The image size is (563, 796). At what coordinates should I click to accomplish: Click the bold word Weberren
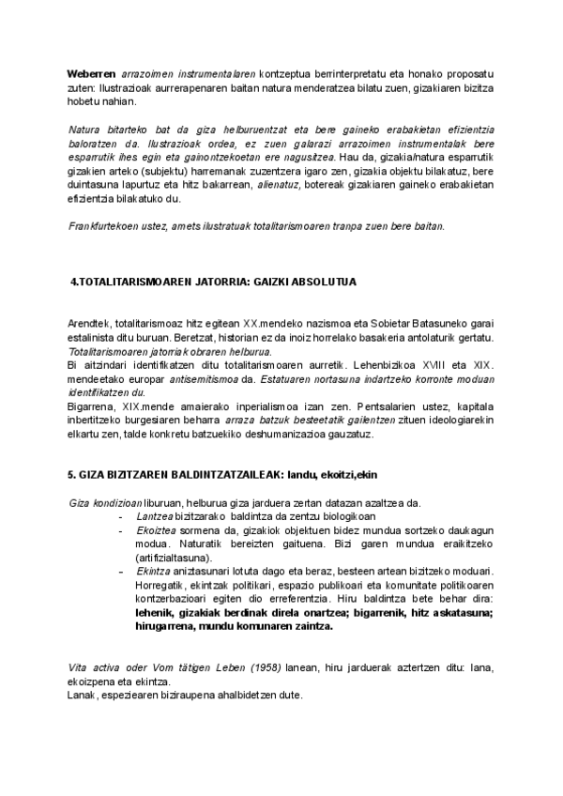pyautogui.click(x=91, y=73)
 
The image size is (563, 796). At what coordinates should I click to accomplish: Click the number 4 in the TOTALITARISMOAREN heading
pyautogui.click(x=74, y=281)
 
